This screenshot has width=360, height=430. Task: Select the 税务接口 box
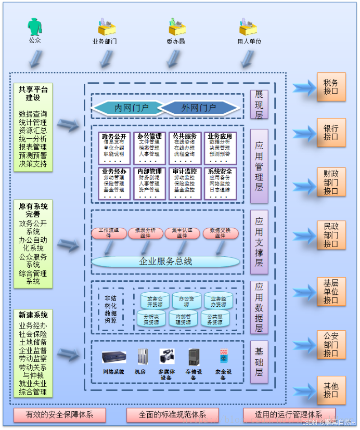click(331, 87)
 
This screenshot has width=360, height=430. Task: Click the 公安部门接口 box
click(331, 345)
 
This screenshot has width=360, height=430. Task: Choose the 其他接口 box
click(331, 390)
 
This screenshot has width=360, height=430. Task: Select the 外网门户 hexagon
click(199, 108)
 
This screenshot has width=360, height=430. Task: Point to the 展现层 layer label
click(259, 104)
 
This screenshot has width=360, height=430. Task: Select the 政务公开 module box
click(113, 148)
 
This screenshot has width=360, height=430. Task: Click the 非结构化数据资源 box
click(110, 309)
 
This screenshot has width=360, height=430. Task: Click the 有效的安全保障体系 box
click(59, 415)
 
